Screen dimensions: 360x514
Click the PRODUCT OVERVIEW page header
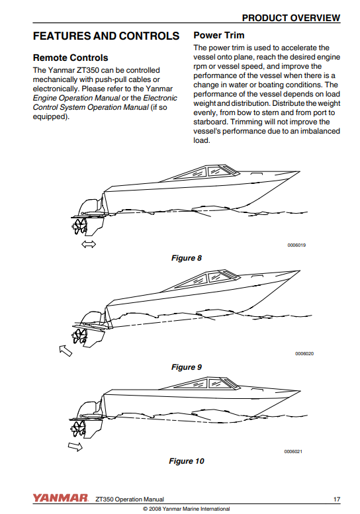click(291, 18)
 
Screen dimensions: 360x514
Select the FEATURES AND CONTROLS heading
click(106, 36)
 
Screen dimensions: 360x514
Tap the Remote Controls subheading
click(71, 58)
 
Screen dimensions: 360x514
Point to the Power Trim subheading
click(218, 35)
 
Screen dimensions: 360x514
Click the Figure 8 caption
click(186, 258)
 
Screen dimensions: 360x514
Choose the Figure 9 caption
click(186, 367)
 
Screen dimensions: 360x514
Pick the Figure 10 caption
click(186, 461)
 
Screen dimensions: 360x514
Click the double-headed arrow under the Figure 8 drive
click(89, 244)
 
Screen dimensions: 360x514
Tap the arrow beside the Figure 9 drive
click(66, 351)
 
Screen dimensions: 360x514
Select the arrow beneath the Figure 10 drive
click(75, 447)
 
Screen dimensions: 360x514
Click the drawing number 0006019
click(296, 245)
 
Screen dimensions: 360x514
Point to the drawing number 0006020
click(304, 354)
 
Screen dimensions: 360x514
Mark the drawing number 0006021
click(293, 451)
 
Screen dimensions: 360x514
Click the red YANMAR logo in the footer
click(60, 498)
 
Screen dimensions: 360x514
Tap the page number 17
click(337, 499)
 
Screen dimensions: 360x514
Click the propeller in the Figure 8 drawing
click(79, 226)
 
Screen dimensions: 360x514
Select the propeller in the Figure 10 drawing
click(78, 427)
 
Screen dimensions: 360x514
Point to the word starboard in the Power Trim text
click(210, 122)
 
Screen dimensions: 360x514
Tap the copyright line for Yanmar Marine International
click(186, 509)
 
